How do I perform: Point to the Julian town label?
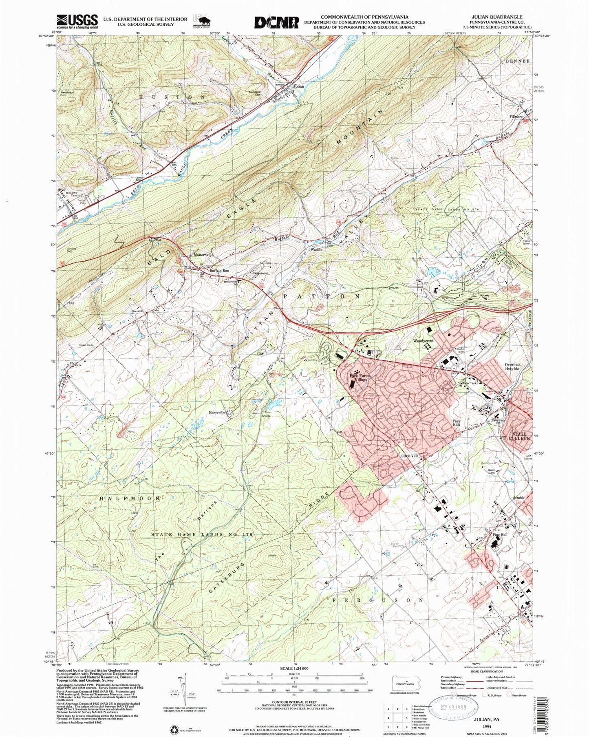coord(299,86)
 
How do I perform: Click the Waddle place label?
coord(316,249)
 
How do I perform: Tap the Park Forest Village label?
coord(358,377)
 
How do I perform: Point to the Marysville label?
coord(217,412)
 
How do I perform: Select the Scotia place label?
coord(266,416)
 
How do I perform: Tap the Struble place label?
coord(516,498)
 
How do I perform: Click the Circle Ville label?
coord(410,456)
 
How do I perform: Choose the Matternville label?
coord(203,255)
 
